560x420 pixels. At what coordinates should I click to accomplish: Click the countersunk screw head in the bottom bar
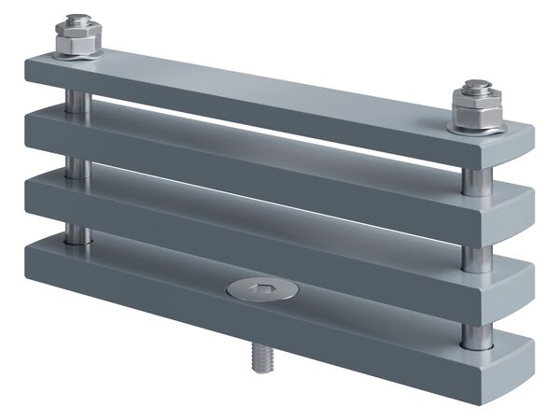pos(262,289)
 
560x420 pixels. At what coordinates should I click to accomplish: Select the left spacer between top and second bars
pos(77,102)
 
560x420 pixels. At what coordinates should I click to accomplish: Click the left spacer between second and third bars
pos(77,168)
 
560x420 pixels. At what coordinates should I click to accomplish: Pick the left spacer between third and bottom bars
pos(77,232)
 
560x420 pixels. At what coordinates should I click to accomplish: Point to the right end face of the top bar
pos(519,140)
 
